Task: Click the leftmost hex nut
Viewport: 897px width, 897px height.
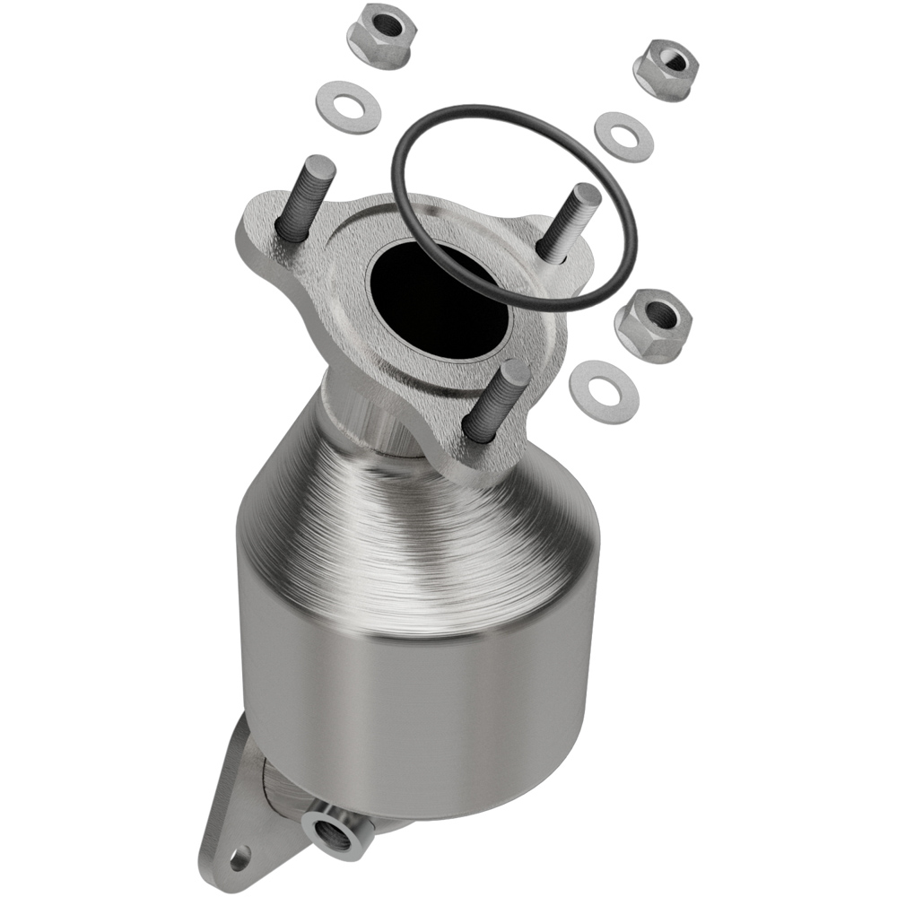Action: click(x=378, y=34)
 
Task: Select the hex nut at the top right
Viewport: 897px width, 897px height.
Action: click(x=665, y=69)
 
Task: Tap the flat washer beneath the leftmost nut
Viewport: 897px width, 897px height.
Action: click(x=349, y=108)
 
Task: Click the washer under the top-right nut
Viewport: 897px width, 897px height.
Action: click(x=623, y=136)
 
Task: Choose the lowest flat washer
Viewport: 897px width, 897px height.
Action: click(x=604, y=392)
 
